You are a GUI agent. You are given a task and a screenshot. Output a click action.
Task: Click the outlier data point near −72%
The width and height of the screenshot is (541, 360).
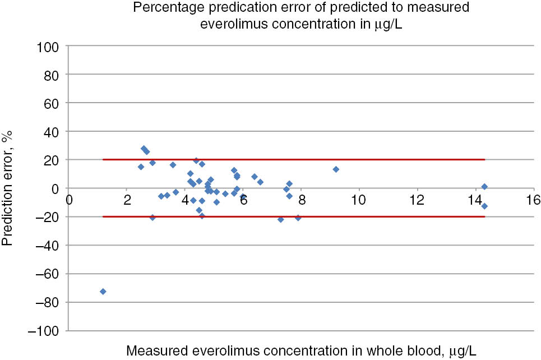point(103,292)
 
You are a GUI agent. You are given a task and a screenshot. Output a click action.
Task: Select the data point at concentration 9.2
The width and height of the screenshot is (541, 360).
point(336,169)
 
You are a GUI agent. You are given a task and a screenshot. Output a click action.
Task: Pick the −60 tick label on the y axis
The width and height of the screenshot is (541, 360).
point(48,274)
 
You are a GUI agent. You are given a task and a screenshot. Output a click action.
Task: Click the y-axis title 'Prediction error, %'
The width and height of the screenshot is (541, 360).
point(8,188)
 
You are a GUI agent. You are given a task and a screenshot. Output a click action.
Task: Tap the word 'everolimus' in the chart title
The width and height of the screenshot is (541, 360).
point(231,24)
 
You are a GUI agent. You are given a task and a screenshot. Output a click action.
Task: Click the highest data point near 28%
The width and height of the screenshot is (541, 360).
point(144,149)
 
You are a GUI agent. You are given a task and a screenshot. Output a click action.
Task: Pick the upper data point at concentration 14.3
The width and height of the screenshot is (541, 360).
point(484,187)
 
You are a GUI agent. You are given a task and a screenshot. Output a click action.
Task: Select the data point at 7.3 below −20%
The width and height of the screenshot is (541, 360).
point(281,219)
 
